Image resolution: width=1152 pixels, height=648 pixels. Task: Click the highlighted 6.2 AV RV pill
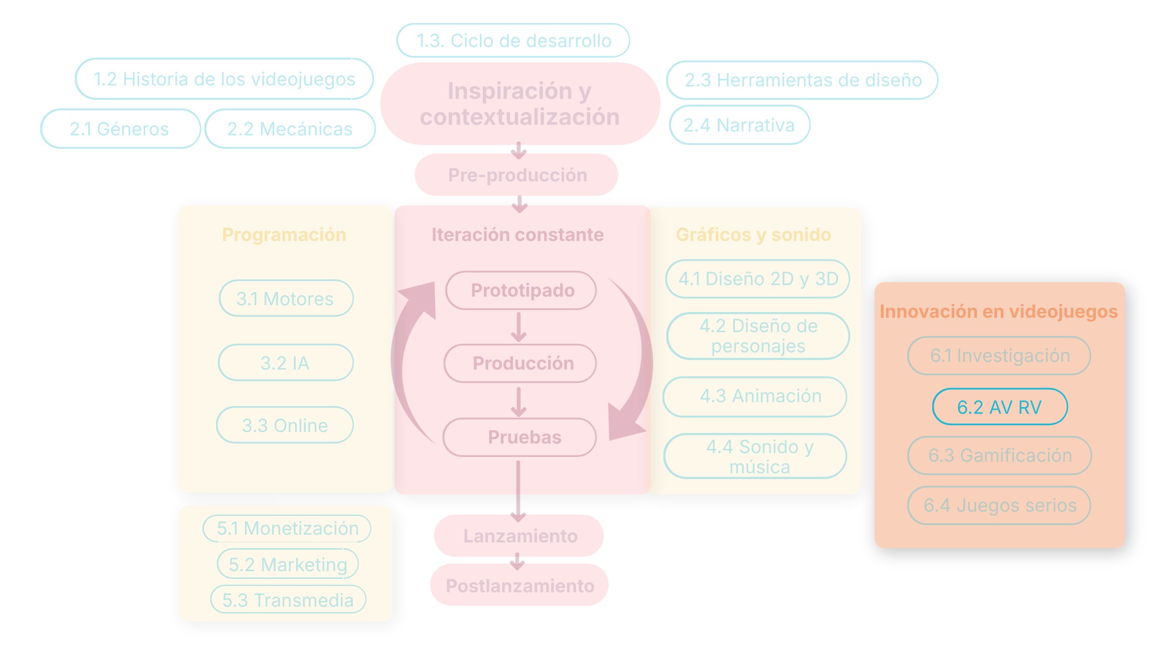(1000, 407)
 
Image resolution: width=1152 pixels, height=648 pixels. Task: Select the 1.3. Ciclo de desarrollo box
(513, 40)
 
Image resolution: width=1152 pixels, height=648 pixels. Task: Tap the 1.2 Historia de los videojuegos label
(224, 79)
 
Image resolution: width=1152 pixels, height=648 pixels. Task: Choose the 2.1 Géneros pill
(120, 129)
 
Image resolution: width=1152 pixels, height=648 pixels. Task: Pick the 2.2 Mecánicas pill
(290, 129)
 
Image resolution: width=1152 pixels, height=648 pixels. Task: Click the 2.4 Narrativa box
(740, 125)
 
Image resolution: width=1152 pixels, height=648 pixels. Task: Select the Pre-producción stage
(516, 175)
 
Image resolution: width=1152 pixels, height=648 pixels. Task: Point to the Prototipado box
(521, 290)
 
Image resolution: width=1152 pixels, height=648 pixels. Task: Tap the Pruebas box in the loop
(520, 437)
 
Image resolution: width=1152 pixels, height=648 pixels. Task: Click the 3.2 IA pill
(286, 362)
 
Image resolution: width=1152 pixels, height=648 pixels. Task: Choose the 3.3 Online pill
(285, 425)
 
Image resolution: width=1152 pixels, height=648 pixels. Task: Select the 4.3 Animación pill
(755, 396)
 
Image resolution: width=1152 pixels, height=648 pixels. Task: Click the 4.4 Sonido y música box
(755, 456)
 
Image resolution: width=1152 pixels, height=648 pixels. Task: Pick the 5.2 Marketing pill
(288, 564)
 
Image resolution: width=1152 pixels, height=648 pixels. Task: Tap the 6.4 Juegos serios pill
(999, 505)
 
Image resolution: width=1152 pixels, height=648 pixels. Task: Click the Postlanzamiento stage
(519, 585)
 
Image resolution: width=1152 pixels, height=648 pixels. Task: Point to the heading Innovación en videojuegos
(999, 311)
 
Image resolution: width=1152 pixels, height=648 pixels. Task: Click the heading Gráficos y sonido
(754, 235)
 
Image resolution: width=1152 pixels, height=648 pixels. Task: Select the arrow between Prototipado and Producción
(518, 327)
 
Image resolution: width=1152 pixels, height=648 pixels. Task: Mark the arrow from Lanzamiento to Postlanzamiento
(517, 561)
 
